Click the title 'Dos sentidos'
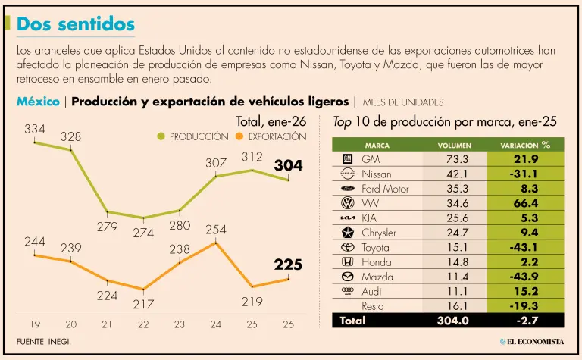(x=76, y=24)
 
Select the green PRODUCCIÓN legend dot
(x=161, y=136)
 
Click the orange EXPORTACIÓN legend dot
(x=239, y=136)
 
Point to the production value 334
(x=35, y=130)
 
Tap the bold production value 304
(x=288, y=164)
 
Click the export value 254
(x=216, y=230)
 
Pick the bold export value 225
(x=288, y=265)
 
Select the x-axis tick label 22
(x=143, y=324)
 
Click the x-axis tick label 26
(x=288, y=324)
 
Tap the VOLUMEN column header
(x=455, y=145)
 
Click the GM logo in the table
(x=347, y=159)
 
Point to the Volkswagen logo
(x=347, y=203)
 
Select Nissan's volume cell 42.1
(x=457, y=174)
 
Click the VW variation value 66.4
(x=525, y=203)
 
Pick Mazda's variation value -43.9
(x=525, y=277)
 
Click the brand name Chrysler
(x=379, y=233)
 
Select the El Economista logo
(x=530, y=342)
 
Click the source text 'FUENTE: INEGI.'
(x=44, y=342)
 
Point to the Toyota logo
(x=347, y=247)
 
